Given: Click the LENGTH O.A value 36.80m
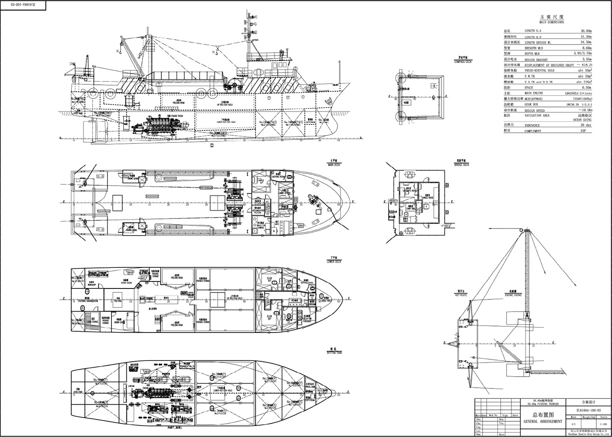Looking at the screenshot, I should coord(586,31).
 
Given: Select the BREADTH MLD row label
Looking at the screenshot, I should coord(534,48).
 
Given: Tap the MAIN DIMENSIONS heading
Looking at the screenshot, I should coord(551,22).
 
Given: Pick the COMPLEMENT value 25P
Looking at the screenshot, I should coord(588,131).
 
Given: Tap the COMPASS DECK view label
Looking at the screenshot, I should coord(462,62).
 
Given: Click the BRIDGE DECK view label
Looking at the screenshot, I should coord(462,165).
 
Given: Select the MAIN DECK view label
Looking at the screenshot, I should coord(334,165).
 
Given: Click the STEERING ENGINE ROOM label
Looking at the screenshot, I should coord(88,301).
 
